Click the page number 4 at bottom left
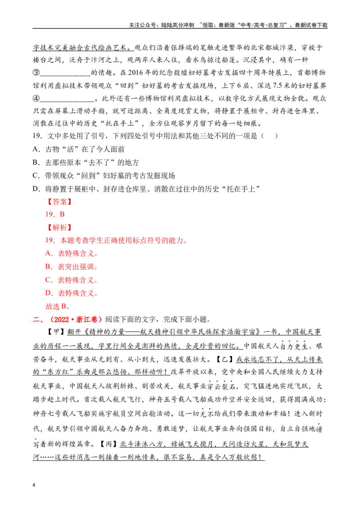point(34,485)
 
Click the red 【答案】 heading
point(59,201)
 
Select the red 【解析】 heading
point(59,228)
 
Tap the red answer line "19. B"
point(55,214)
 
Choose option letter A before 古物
point(36,149)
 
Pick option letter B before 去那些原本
point(36,162)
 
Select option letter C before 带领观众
point(36,176)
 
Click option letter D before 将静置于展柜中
point(36,188)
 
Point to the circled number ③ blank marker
point(36,72)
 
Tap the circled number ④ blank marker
point(36,98)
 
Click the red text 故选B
point(58,306)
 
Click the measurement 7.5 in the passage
point(277,85)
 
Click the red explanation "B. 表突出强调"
point(72,267)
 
